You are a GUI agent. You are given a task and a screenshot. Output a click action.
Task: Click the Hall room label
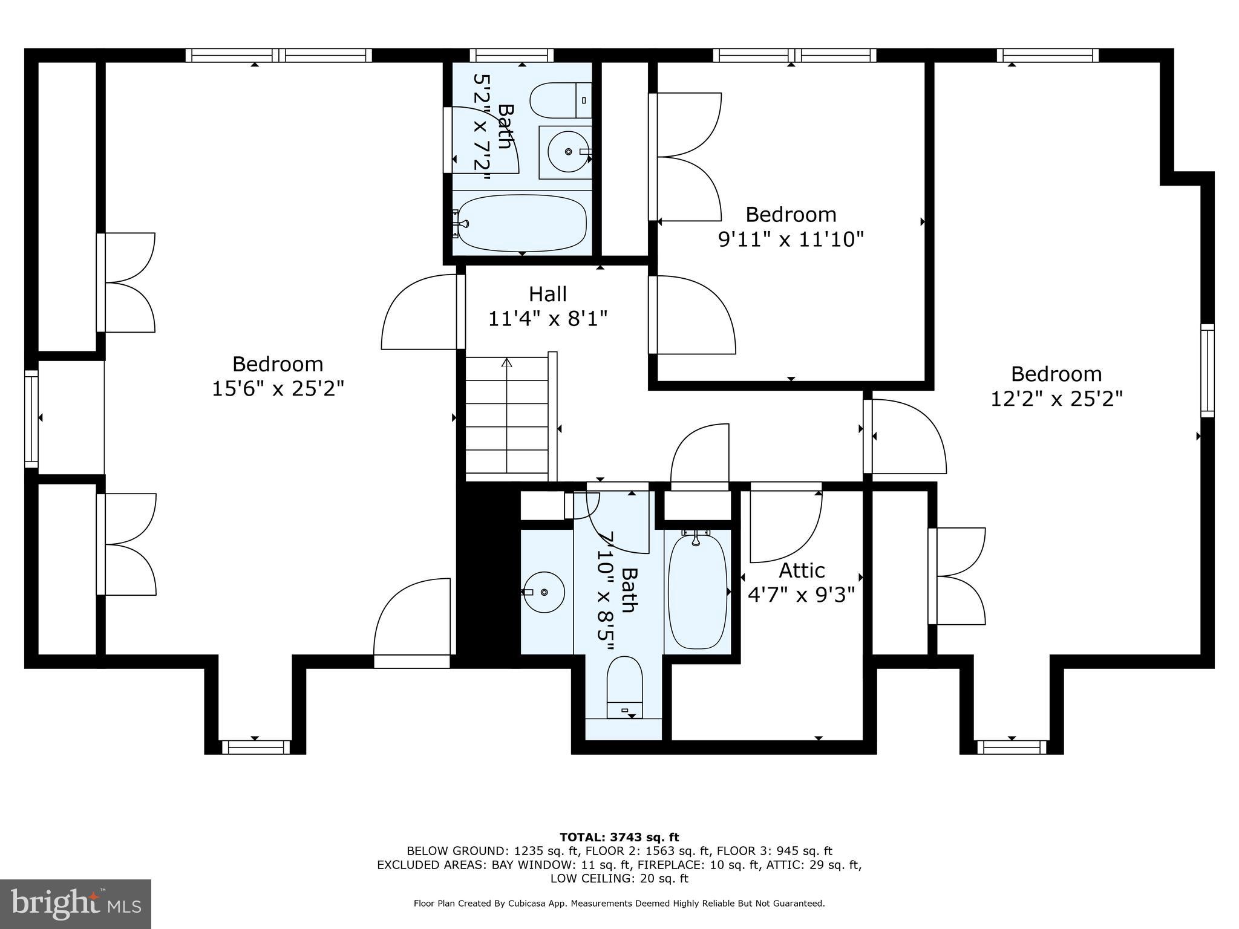click(548, 295)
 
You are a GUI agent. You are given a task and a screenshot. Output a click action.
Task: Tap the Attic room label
click(802, 570)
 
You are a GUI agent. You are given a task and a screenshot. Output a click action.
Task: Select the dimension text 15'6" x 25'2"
click(278, 388)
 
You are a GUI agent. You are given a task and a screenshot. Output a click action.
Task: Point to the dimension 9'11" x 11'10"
click(790, 240)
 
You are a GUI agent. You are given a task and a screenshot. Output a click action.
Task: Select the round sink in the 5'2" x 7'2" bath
click(568, 152)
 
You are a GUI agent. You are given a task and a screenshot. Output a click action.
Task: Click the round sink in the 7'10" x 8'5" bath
click(544, 592)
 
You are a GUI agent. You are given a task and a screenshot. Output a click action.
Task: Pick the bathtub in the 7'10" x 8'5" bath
click(697, 592)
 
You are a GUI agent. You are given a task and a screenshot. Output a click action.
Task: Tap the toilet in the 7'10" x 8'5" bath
click(624, 687)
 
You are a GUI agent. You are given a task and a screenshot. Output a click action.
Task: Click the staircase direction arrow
click(507, 363)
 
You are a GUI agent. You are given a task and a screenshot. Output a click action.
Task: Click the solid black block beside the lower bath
click(488, 575)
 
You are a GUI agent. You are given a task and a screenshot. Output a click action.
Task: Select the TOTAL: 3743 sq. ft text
click(619, 838)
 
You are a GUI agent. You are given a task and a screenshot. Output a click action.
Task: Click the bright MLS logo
click(76, 904)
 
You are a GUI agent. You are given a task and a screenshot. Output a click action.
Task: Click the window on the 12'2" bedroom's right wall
click(1207, 370)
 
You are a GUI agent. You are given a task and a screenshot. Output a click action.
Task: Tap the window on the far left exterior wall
click(31, 419)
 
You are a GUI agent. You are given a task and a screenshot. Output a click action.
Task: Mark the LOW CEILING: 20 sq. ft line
click(619, 879)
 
